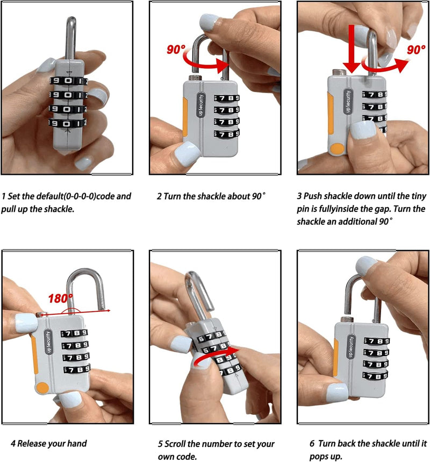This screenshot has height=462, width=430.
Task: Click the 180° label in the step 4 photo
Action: coord(62,298)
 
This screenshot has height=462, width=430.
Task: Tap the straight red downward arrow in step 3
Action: coord(351,48)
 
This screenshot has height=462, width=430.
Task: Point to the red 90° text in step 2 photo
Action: coord(176,50)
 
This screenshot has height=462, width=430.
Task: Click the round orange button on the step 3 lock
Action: coord(337,149)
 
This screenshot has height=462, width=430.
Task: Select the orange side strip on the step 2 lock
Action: coord(185,116)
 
